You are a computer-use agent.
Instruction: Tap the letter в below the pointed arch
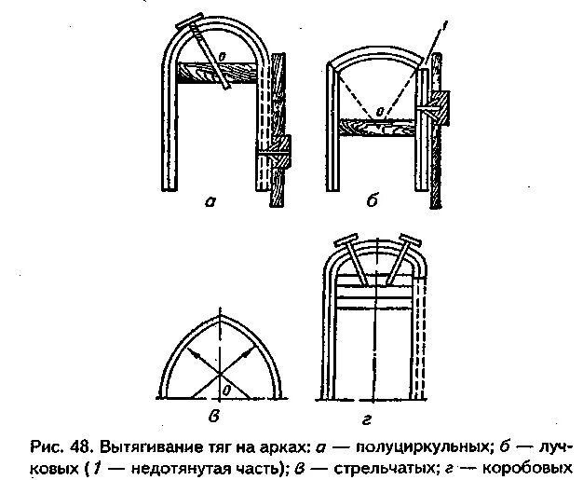click(219, 415)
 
